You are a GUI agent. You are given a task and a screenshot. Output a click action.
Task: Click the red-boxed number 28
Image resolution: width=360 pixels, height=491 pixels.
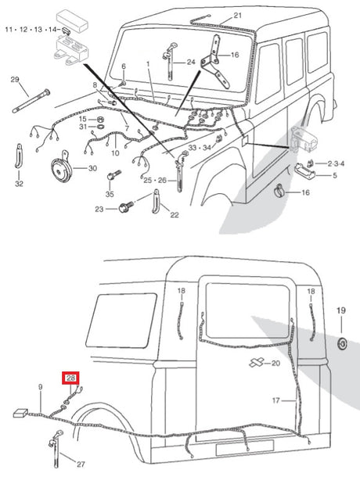pos(70,378)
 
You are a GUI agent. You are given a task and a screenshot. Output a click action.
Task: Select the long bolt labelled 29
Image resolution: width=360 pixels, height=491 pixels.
pos(31,101)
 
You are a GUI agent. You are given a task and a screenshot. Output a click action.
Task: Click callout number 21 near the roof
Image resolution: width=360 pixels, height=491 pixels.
pos(238,15)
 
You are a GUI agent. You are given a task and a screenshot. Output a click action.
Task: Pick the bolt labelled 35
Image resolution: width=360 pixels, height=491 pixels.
pos(113,174)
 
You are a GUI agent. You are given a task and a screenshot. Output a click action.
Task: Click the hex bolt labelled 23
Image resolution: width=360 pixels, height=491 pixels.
pos(126,206)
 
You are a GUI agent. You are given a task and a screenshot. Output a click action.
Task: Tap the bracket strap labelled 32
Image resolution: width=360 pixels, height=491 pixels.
pos(19,156)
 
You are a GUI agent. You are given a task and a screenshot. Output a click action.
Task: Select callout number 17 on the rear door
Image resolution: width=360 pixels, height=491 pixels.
pos(275,400)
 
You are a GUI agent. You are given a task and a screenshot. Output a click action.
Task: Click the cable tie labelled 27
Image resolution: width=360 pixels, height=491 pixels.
pos(56,449)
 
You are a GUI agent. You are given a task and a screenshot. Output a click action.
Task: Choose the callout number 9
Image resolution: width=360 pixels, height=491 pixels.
pos(40,387)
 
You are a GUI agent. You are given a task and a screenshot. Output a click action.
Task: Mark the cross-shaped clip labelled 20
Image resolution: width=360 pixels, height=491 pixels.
pos(256,363)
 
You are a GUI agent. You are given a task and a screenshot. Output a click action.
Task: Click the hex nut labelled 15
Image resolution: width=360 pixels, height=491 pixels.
pos(101,120)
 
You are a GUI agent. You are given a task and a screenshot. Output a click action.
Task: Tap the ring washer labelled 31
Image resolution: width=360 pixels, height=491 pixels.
pos(101,127)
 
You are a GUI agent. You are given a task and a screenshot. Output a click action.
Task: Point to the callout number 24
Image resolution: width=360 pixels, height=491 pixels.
pos(191,62)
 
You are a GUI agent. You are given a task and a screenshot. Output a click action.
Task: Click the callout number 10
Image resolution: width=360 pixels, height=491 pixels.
pos(115,152)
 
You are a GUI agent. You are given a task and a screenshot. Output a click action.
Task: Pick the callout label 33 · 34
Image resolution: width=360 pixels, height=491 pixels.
pos(200,148)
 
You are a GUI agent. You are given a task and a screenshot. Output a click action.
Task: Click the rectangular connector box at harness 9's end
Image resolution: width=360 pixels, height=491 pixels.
pos(20,414)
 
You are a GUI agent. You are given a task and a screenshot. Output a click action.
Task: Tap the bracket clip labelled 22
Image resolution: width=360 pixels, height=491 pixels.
pos(156,202)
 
